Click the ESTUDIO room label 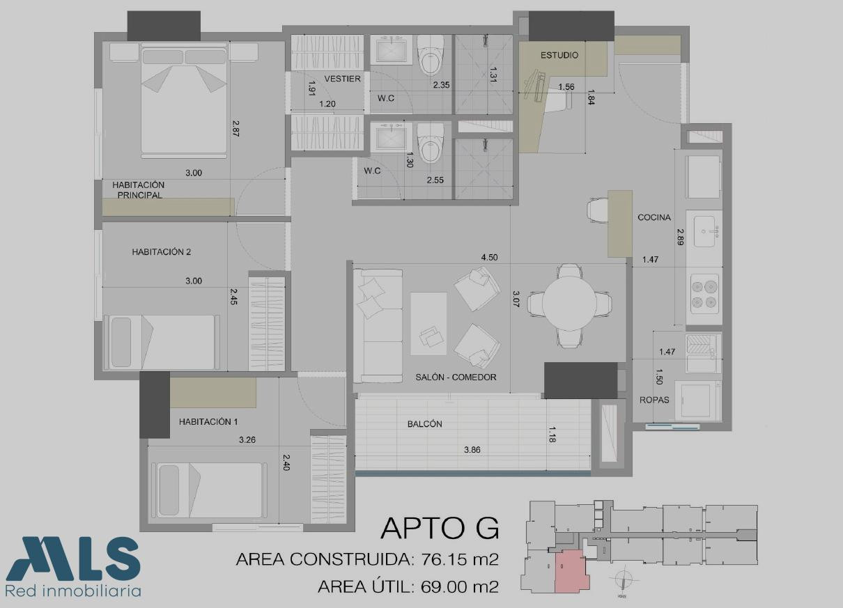559,55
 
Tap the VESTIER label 343,79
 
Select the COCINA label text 654,217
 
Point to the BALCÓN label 424,424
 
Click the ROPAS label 654,400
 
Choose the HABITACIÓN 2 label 162,251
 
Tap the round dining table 569,304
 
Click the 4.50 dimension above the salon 489,258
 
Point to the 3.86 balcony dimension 472,450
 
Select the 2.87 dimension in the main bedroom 235,128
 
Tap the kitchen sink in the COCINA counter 704,231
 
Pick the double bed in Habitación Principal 185,100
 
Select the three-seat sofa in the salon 378,326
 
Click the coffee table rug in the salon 428,324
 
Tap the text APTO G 440,529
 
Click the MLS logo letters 73,559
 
